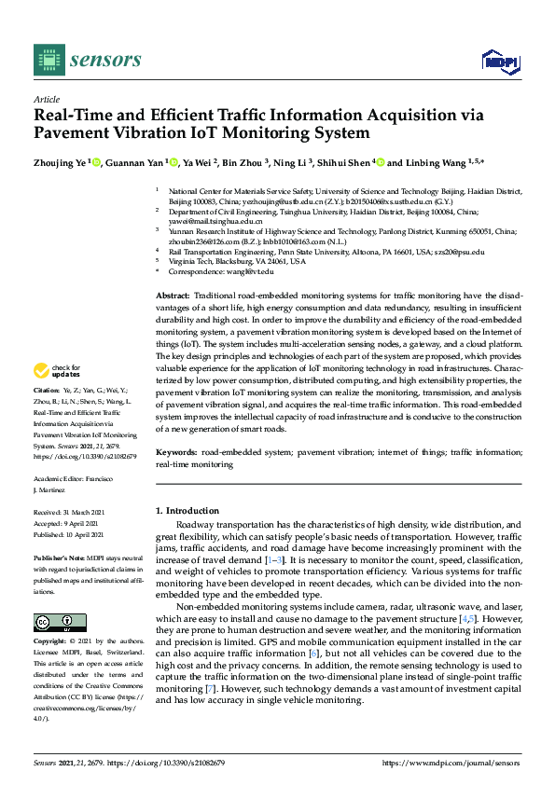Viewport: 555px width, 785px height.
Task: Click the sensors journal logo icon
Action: click(48, 60)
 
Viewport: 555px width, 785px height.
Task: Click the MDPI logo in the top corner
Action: click(501, 62)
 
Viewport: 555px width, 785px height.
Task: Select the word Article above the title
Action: click(46, 99)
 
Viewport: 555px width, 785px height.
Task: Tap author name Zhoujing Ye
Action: click(61, 163)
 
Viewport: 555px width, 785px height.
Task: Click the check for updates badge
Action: click(57, 370)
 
